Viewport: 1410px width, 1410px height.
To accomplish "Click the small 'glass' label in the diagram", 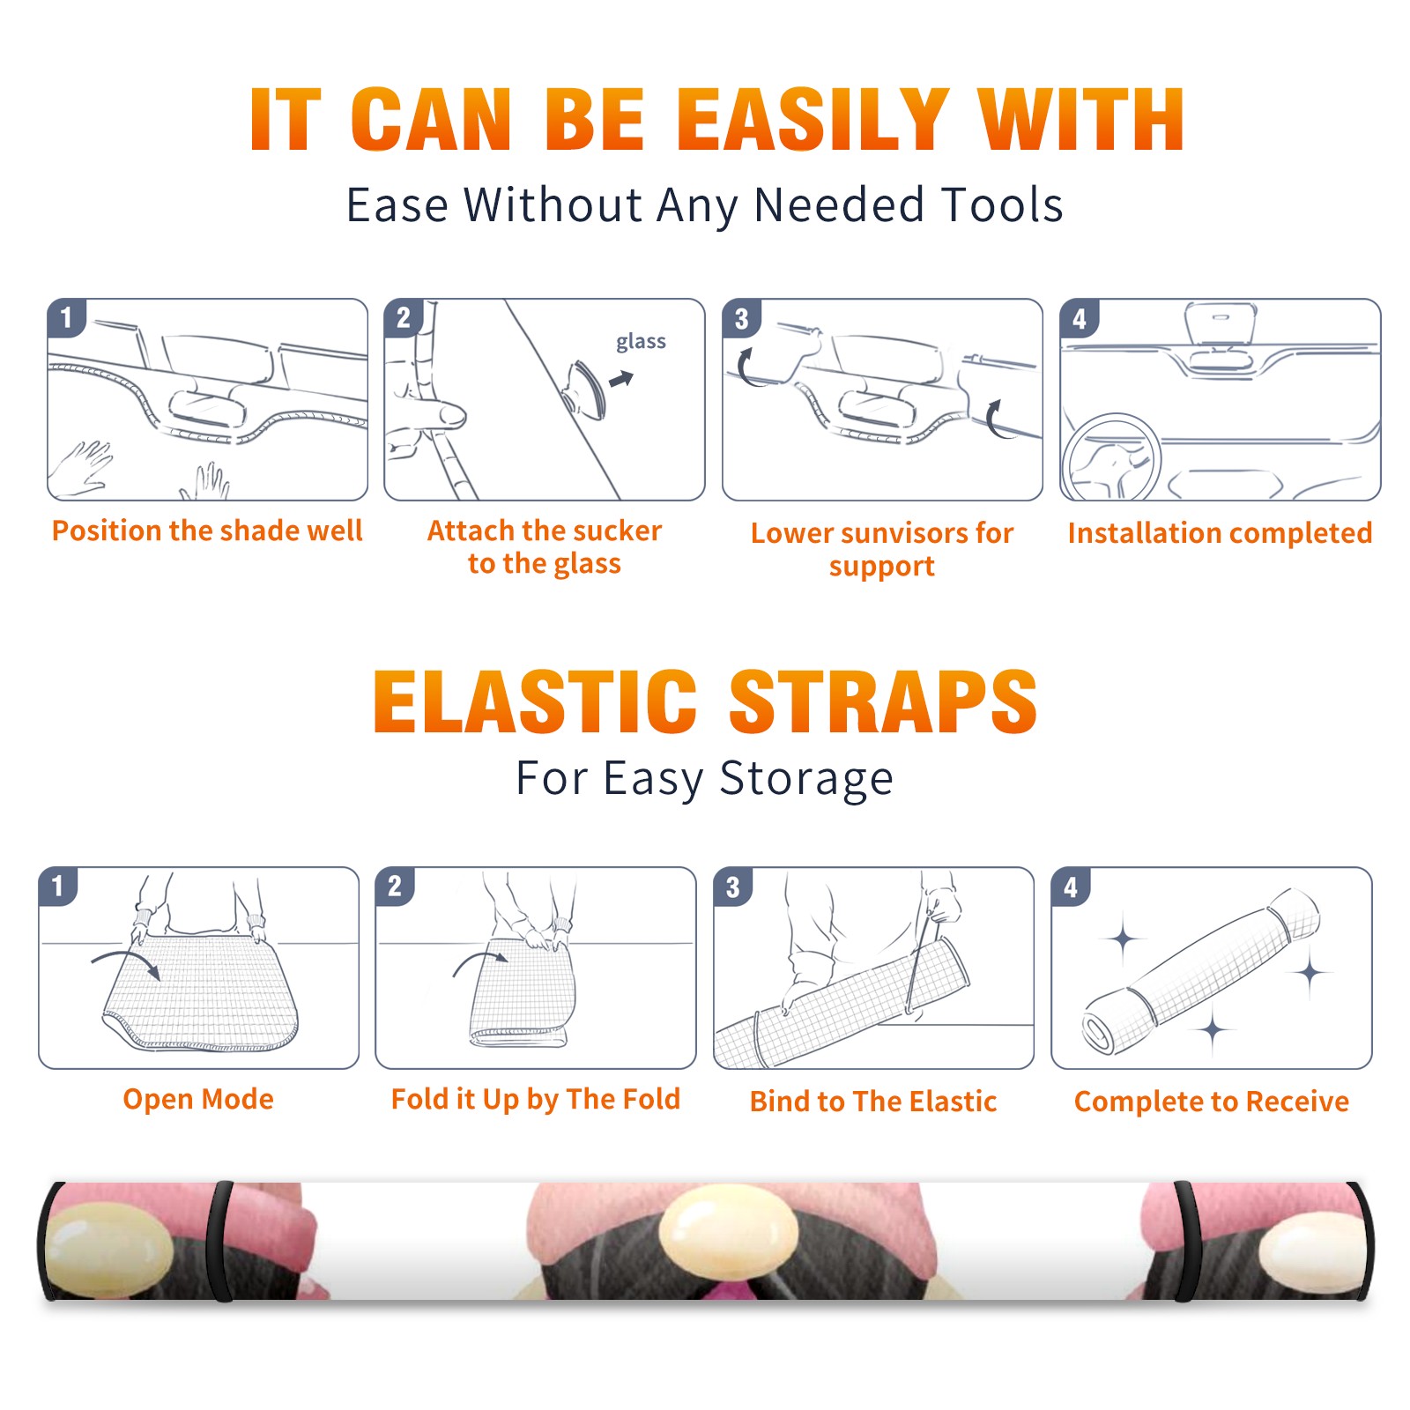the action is point(641,341).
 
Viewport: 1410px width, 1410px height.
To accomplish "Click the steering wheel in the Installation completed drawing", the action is point(1111,456).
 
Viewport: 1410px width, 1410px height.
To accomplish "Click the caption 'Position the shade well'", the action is point(207,531).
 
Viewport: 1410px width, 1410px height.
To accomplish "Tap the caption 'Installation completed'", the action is point(1220,533).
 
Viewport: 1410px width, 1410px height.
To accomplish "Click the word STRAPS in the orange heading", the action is point(883,701).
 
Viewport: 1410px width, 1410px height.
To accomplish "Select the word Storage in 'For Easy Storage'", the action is point(806,780).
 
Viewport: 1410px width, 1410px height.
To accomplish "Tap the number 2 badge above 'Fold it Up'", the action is point(395,887).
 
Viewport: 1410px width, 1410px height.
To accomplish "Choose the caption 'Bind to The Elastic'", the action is point(872,1102).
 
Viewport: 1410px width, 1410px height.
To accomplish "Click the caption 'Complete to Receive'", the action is point(1212,1102).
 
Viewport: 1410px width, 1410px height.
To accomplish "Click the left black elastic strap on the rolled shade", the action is point(220,1241).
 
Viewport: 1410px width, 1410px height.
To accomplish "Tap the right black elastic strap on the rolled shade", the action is point(1188,1241).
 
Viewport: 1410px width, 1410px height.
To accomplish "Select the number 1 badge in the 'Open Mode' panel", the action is point(58,887).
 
